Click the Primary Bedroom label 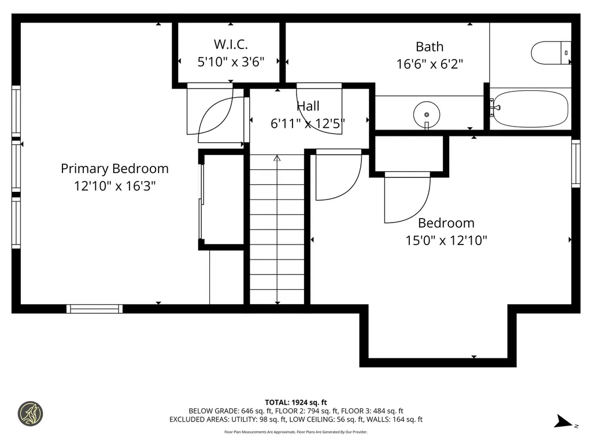click(x=114, y=169)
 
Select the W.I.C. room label click(x=231, y=45)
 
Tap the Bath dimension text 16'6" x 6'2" click(x=430, y=64)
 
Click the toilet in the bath click(x=551, y=53)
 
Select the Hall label click(x=308, y=106)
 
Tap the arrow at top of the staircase click(x=277, y=158)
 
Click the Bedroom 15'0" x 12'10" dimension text click(x=446, y=240)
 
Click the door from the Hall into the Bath click(x=319, y=110)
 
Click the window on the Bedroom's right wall click(x=575, y=164)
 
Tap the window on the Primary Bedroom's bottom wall click(x=95, y=309)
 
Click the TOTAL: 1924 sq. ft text click(x=296, y=402)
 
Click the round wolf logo click(x=30, y=413)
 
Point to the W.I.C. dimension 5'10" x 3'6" click(x=231, y=62)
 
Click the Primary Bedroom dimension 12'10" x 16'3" click(x=114, y=186)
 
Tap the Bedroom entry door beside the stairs click(x=338, y=175)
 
